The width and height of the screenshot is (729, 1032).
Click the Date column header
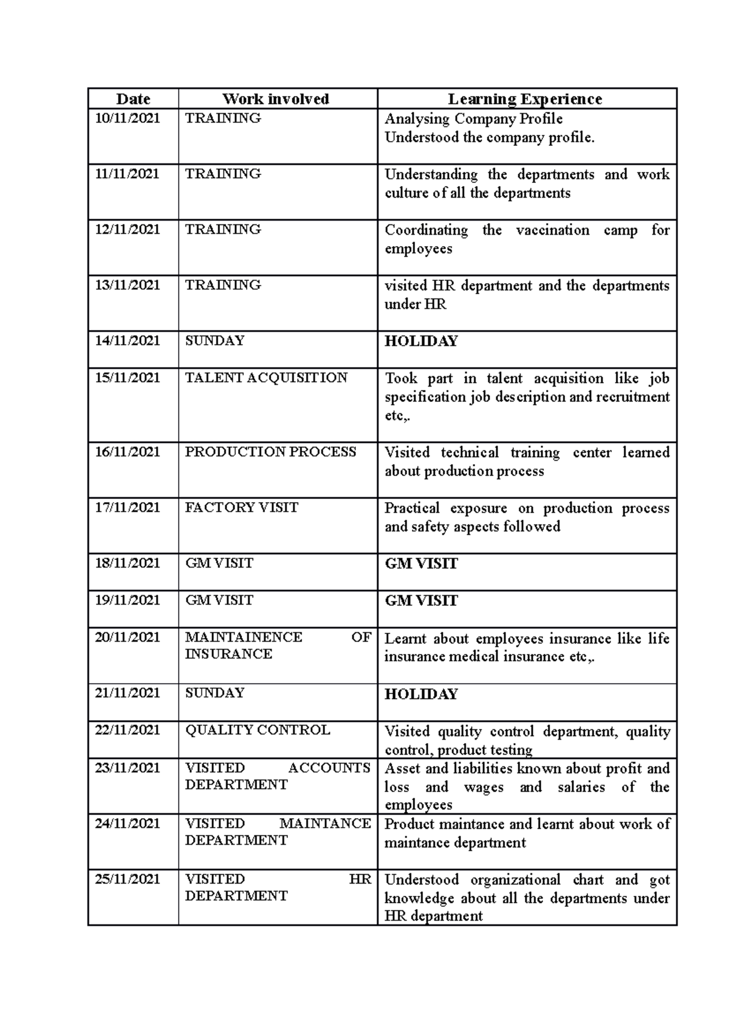[133, 99]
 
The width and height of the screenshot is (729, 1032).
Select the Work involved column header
[276, 99]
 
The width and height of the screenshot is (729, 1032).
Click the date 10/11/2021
[128, 118]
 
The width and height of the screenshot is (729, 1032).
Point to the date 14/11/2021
[128, 340]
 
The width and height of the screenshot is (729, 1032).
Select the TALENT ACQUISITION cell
[266, 377]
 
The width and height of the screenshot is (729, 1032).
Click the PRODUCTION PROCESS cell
[270, 452]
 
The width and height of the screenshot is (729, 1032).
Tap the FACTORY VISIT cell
[242, 507]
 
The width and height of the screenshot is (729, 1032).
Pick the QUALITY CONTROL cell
[258, 730]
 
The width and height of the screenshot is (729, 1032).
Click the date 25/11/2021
[128, 879]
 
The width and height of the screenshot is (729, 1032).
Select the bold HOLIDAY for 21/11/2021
[421, 694]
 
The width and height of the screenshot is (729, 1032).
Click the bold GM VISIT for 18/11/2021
[421, 563]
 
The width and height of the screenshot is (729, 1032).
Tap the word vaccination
[552, 230]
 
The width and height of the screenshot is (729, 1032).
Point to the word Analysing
[417, 119]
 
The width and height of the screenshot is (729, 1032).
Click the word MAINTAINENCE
[244, 637]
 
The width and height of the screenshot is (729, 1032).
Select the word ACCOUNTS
[329, 768]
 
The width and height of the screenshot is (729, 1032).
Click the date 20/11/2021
[128, 637]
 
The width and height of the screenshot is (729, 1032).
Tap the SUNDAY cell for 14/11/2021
[214, 340]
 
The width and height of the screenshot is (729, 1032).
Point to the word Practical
[412, 508]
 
